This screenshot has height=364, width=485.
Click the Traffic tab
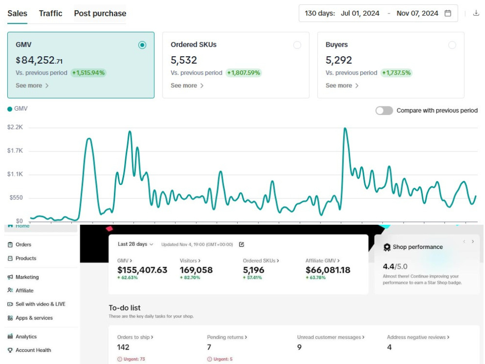pos(50,13)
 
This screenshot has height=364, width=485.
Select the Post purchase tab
pos(100,13)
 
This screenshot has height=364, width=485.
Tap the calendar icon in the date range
pos(448,13)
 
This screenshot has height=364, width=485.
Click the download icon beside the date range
pos(476,13)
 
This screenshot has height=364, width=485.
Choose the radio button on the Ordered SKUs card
pos(297,45)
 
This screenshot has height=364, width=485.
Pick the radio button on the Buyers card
pos(452,45)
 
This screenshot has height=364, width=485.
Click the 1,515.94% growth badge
pos(88,73)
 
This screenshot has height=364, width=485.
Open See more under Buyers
pos(342,85)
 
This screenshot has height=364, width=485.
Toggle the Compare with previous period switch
pos(384,111)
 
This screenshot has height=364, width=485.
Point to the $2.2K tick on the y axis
pos(15,127)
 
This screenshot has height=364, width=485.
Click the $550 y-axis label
pos(16,198)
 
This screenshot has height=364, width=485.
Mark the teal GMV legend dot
pos(10,109)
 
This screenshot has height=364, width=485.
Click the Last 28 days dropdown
pos(135,244)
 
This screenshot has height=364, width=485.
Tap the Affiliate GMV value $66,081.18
pos(328,270)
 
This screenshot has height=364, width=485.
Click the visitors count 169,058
pos(196,270)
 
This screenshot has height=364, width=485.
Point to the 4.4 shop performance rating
pos(388,266)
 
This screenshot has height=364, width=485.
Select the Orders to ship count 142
pos(123,347)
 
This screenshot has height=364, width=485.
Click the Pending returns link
pos(227,337)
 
